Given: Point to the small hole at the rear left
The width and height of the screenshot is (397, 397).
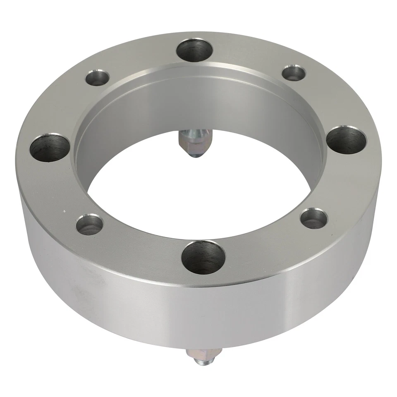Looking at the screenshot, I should coord(98,78).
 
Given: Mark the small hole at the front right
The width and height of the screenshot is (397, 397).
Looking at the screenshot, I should coord(314,218).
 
